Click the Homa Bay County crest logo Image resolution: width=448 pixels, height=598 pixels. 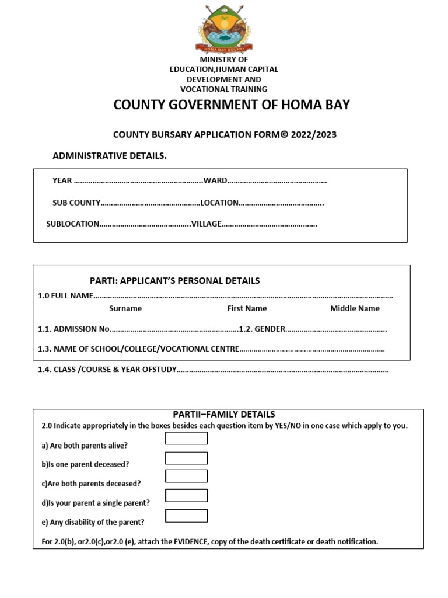point(223,28)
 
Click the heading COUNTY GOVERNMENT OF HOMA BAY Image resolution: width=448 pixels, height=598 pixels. point(232,105)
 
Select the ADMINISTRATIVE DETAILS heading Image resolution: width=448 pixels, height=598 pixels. point(110,156)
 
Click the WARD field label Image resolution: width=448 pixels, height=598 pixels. point(215,180)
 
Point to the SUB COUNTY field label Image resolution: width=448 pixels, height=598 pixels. point(76,203)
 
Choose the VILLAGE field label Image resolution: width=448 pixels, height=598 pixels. point(206,224)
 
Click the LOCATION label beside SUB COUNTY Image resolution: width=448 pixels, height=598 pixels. point(219,203)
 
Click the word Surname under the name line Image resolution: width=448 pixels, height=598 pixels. point(125,308)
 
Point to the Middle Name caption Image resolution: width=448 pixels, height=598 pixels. point(355,308)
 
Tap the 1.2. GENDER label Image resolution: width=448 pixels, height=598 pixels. point(265,329)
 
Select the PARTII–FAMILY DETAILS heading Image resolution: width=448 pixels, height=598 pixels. point(224,414)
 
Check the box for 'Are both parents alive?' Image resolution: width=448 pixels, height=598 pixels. point(186,439)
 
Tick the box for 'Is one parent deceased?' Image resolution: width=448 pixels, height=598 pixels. point(186,458)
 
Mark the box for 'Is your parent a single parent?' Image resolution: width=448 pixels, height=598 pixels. point(186,496)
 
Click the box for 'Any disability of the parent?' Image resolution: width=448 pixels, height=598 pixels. point(186,516)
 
